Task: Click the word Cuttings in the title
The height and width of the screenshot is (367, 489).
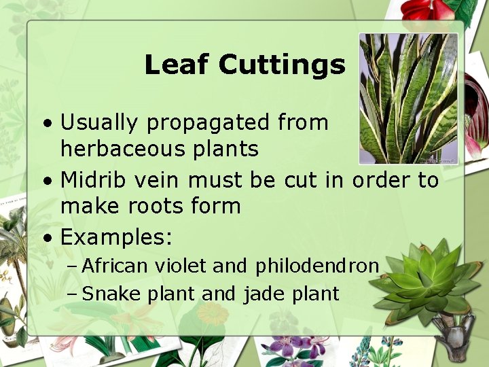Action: (x=282, y=65)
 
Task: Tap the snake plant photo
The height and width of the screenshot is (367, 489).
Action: (x=408, y=99)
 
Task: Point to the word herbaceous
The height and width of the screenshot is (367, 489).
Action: (x=120, y=149)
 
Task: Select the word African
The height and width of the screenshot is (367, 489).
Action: (x=114, y=266)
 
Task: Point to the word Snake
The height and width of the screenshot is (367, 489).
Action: (x=109, y=294)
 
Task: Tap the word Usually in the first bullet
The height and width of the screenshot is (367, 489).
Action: (x=100, y=123)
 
